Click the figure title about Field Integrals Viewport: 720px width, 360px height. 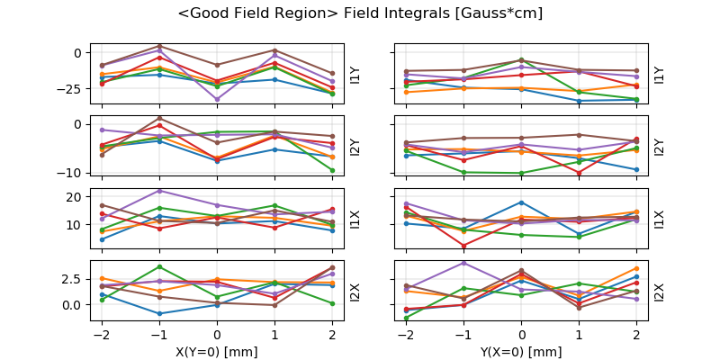(x=360, y=13)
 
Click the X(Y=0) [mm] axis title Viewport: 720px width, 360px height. (x=217, y=352)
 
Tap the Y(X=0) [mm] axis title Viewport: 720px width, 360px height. (x=521, y=352)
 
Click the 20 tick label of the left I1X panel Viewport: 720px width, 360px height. (x=76, y=196)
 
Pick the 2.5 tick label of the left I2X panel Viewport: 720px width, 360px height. (x=72, y=279)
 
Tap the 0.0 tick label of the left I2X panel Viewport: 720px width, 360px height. (x=72, y=304)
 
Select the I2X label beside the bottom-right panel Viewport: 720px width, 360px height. (x=659, y=292)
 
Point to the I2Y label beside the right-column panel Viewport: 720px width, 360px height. (x=659, y=147)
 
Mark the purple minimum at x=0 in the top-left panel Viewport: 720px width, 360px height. (x=217, y=99)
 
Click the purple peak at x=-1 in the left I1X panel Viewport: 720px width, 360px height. (x=159, y=190)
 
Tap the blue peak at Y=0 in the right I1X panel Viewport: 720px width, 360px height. (x=522, y=202)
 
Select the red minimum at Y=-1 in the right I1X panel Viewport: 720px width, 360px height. (x=463, y=246)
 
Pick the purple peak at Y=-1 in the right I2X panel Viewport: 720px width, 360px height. (x=463, y=263)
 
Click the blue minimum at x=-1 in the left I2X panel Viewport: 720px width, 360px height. (x=159, y=314)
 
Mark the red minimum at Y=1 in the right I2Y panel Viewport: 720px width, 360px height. (x=580, y=172)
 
